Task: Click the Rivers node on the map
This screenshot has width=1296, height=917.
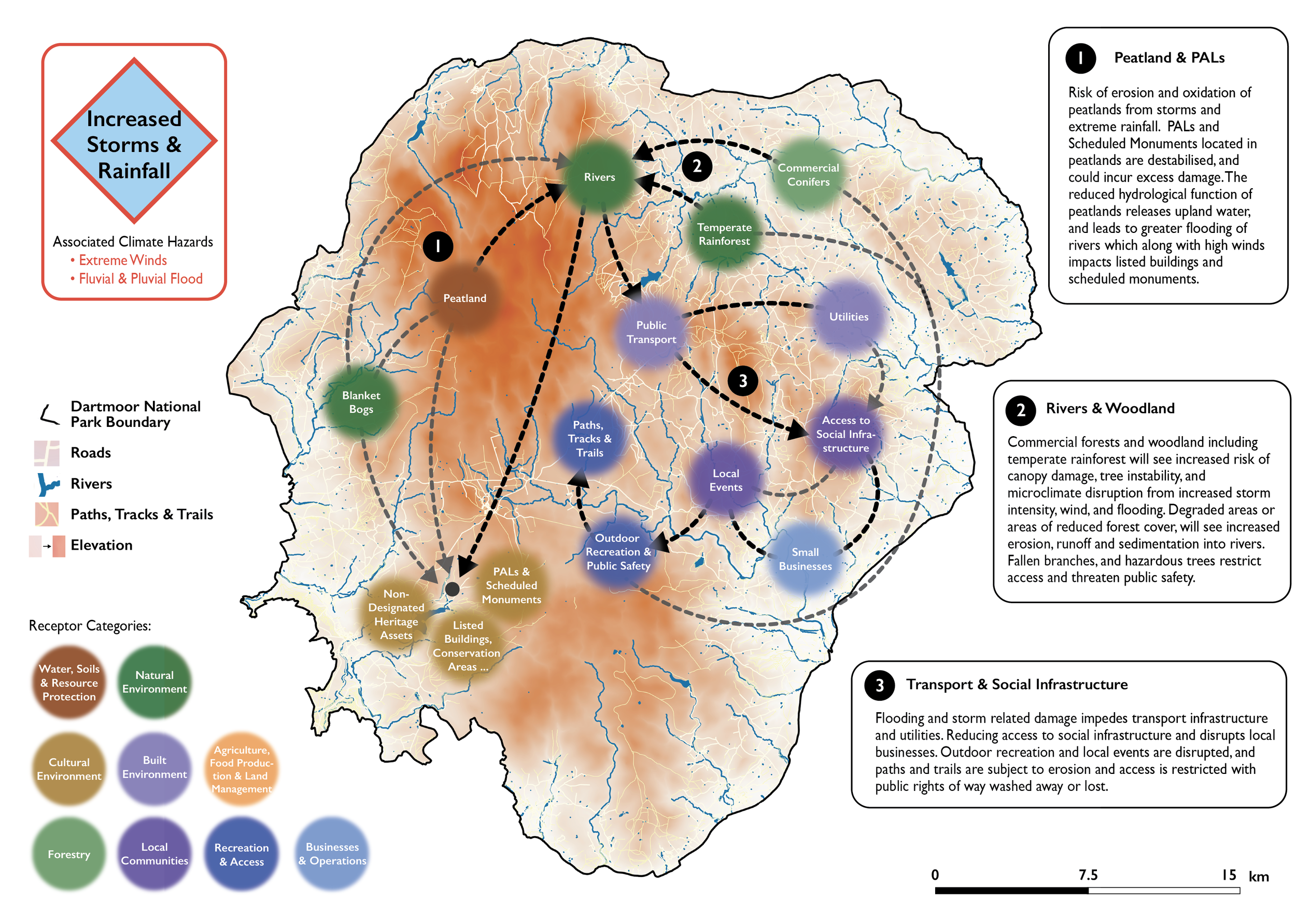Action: [599, 177]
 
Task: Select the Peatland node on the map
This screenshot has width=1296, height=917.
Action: [464, 298]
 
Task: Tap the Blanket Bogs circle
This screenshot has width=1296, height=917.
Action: [361, 402]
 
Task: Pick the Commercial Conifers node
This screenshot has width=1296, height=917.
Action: [808, 174]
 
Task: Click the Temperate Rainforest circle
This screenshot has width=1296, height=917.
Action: [724, 234]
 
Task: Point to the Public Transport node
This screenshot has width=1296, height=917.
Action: [652, 332]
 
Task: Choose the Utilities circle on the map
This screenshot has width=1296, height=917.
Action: [849, 317]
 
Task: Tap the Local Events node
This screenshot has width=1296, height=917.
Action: [726, 480]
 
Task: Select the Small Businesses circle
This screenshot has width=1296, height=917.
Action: [805, 559]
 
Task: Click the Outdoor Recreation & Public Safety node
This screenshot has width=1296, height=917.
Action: [618, 552]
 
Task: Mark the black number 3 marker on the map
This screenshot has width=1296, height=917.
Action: [743, 381]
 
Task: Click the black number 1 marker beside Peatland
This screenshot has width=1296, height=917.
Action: [438, 246]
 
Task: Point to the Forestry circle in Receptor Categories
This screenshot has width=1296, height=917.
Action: [69, 854]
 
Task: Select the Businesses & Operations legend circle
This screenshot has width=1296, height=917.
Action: [332, 854]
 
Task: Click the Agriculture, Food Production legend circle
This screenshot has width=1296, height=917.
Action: [242, 769]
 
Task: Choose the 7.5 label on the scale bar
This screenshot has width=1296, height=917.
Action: [1088, 874]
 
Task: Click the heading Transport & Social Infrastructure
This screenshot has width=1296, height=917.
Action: [1017, 684]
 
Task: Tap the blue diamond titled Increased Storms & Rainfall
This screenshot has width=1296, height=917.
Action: [134, 141]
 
